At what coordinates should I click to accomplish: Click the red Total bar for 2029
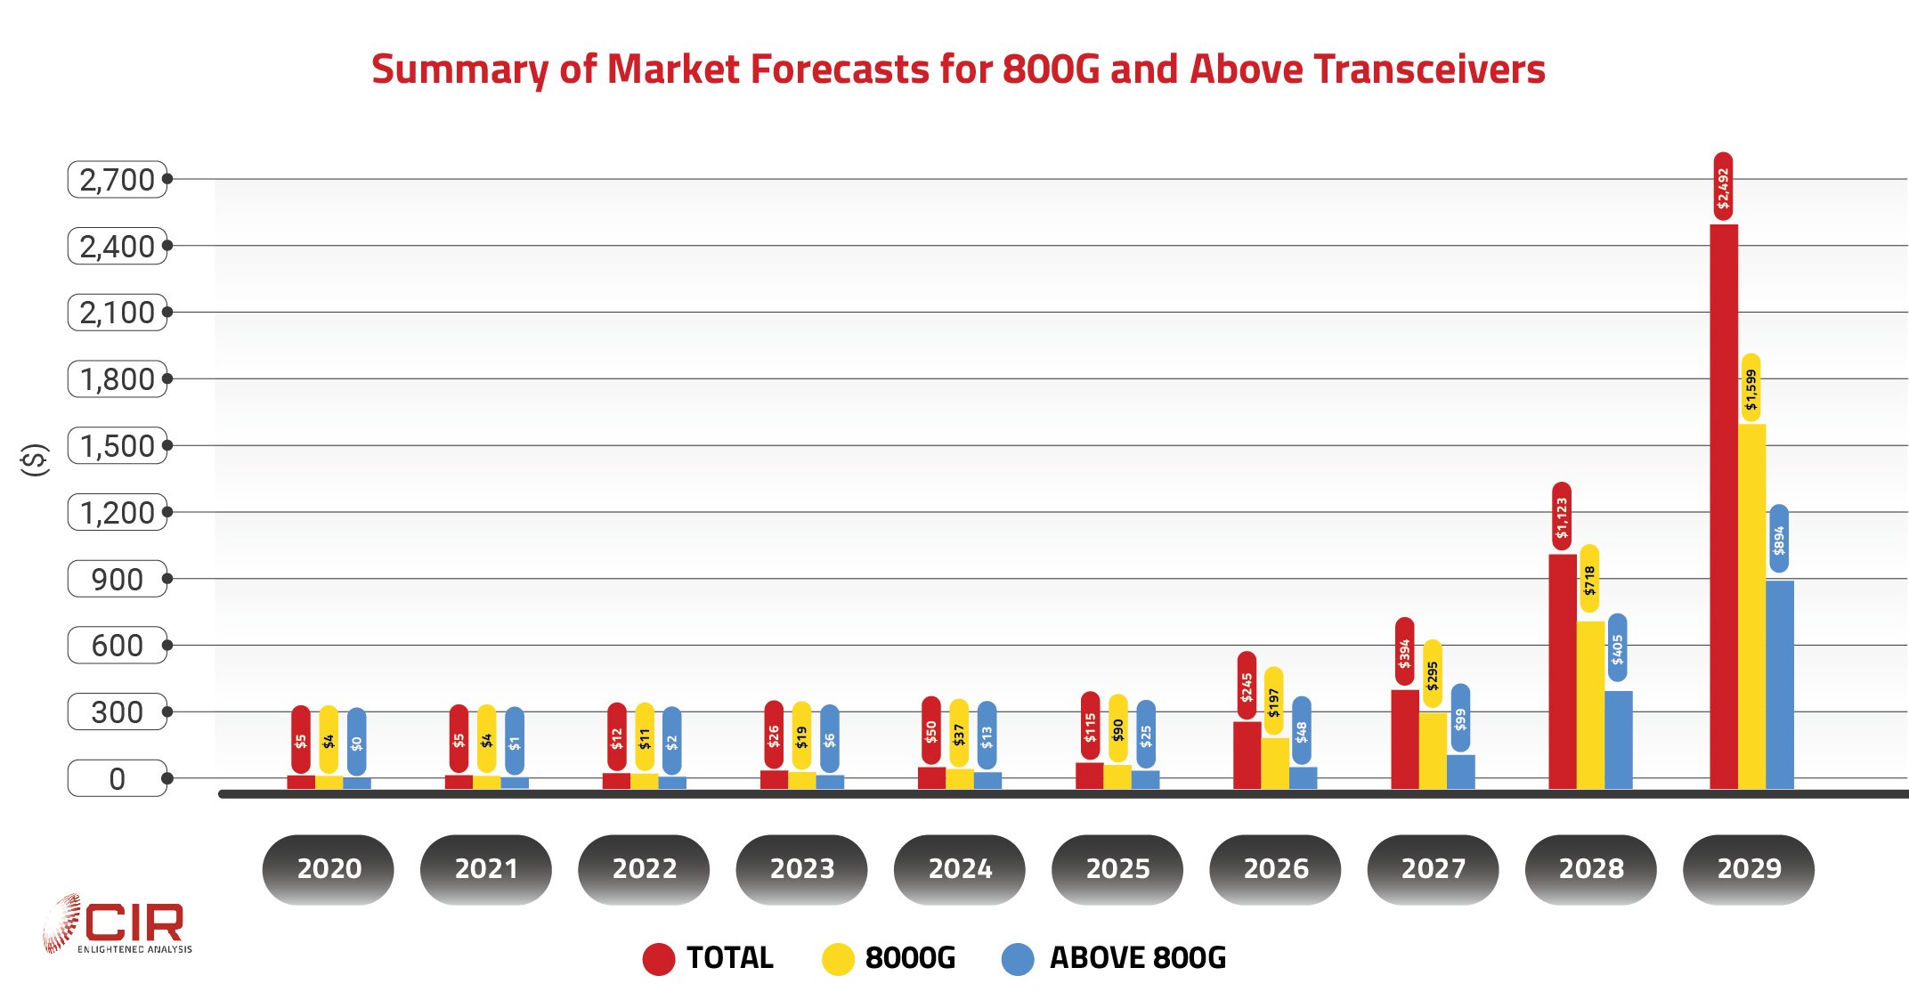1724,508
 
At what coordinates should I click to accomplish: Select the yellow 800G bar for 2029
1751,606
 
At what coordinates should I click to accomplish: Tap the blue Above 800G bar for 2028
1618,739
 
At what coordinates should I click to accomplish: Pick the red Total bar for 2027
1404,739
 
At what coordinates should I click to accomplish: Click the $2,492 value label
1724,187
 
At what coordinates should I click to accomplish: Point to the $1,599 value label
1751,388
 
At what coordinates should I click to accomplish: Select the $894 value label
1778,539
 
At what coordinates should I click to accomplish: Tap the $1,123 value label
1562,516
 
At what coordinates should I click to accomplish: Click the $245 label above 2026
1247,686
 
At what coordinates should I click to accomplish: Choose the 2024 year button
960,868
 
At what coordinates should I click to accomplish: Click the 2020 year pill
329,868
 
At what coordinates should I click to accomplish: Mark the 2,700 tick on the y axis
118,180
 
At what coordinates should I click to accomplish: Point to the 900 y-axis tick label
118,579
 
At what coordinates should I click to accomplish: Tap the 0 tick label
118,779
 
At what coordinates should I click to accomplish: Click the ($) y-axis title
35,459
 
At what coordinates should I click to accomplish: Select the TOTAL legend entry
709,958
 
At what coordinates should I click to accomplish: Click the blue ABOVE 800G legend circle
1018,959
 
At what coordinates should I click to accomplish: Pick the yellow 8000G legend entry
889,958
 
